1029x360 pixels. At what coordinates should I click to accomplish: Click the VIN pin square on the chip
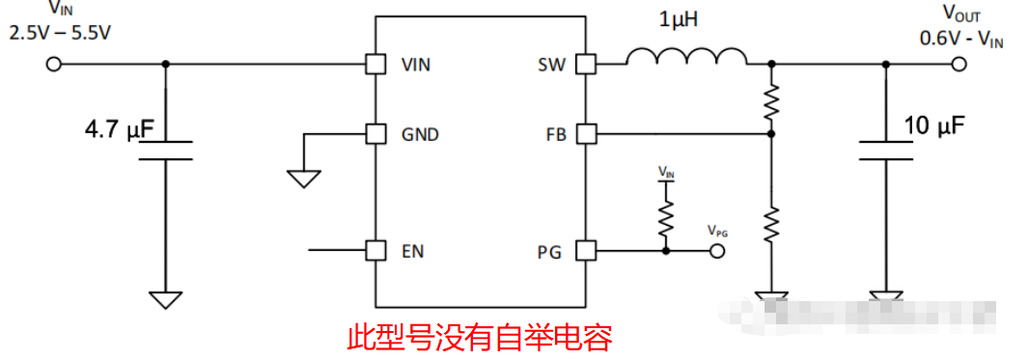pos(374,65)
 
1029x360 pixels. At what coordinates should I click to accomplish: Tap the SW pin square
pos(585,65)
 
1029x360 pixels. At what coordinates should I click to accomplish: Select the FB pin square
pos(585,134)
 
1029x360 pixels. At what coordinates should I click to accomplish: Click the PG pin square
pos(585,251)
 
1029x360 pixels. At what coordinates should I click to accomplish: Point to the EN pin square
pos(374,251)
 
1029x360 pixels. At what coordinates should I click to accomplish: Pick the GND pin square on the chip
pos(374,134)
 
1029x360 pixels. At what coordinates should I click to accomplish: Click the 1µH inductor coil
pos(686,60)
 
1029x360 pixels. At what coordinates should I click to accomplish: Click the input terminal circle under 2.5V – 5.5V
pos(54,65)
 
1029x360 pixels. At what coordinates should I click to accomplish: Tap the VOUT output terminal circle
pos(959,65)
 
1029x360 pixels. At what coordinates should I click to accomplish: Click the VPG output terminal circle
pos(717,251)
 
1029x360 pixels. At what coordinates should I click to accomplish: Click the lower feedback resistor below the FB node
pos(770,223)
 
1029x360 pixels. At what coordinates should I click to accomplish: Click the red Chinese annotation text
pos(480,337)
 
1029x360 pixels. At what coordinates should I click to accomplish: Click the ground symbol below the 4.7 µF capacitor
pos(166,300)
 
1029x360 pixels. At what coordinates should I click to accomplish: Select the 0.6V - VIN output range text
pos(960,41)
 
